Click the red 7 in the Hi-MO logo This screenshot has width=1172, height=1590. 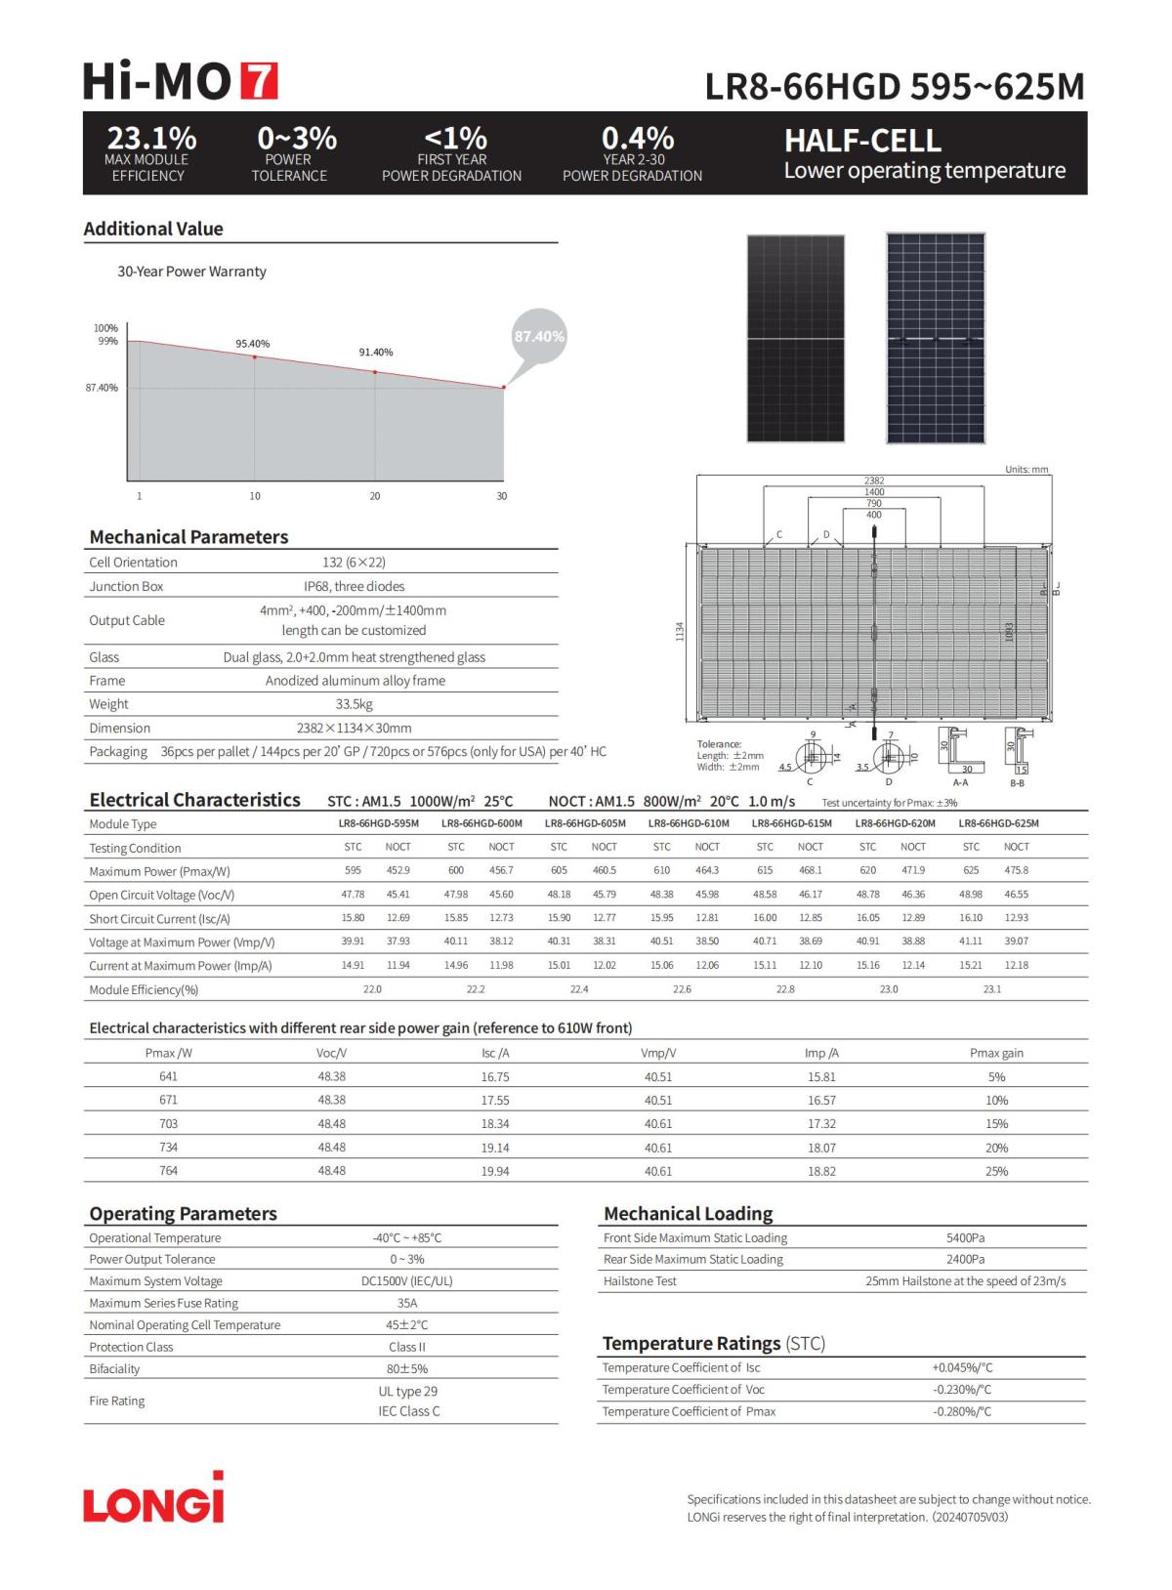[259, 81]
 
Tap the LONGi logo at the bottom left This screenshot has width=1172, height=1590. [153, 1498]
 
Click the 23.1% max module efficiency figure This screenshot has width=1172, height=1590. [151, 138]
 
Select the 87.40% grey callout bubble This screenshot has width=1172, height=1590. [539, 336]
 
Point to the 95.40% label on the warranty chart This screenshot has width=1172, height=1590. [252, 344]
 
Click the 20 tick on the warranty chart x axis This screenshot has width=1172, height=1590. [375, 496]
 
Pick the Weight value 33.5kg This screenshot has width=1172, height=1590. [354, 704]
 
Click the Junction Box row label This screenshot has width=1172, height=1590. [126, 586]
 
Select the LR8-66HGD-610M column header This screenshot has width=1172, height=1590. [689, 823]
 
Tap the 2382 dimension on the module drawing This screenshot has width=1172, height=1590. [874, 481]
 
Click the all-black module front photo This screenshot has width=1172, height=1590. [795, 338]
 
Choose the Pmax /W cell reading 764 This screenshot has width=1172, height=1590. [168, 1170]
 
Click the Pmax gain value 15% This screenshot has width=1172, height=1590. [996, 1124]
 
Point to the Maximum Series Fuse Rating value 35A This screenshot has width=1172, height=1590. [407, 1303]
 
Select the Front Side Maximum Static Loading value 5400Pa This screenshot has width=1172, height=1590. [965, 1237]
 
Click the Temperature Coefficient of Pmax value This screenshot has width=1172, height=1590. [962, 1411]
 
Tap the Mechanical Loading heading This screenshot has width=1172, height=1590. [688, 1213]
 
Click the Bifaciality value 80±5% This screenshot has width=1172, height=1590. [407, 1368]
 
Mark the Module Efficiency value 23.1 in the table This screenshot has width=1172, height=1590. [992, 989]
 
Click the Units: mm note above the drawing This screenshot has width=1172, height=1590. [1026, 470]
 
